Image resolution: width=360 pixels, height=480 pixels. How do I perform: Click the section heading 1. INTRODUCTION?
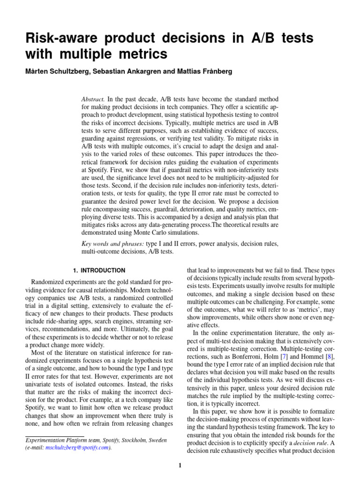coord(99,270)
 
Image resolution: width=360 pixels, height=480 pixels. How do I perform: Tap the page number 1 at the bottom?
coord(180,465)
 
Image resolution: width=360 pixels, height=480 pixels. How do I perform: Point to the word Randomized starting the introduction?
coord(48,282)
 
